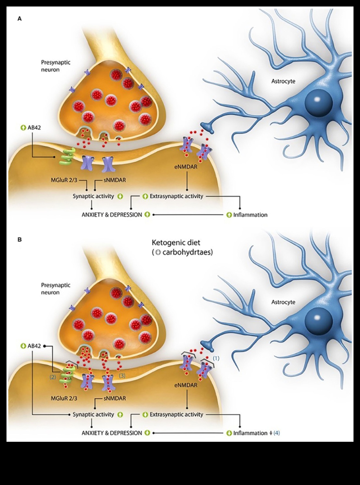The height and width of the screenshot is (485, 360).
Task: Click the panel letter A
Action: [x=19, y=19]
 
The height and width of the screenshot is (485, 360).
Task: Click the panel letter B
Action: [x=19, y=239]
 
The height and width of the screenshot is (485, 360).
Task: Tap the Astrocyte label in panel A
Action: [x=283, y=81]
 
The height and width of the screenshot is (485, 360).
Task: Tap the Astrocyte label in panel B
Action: [x=283, y=302]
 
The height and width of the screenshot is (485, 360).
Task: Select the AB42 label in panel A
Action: [x=34, y=128]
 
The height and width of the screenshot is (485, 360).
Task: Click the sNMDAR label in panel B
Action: [x=115, y=398]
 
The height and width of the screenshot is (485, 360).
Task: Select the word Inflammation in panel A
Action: [x=250, y=215]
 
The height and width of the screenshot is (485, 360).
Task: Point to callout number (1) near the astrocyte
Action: [x=216, y=358]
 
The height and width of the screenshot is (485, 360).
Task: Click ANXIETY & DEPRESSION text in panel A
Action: [x=112, y=215]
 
